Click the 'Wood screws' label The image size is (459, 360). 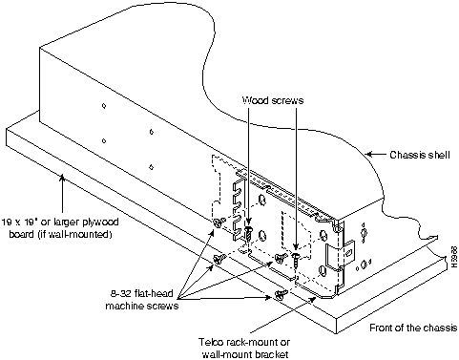tap(273, 100)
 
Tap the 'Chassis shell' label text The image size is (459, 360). tap(420, 155)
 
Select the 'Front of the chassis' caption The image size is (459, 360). tap(413, 328)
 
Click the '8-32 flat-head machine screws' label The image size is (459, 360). tap(142, 300)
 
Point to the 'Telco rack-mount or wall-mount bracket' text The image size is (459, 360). tap(244, 349)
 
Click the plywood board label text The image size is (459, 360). tap(60, 228)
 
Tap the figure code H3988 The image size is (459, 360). tap(454, 257)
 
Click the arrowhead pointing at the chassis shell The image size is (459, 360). tap(369, 155)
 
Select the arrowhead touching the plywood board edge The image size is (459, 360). tap(63, 177)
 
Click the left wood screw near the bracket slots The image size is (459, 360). tap(250, 233)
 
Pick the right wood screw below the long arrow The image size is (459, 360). tap(296, 259)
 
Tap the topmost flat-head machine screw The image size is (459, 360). tap(219, 222)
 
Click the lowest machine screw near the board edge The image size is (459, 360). tap(281, 294)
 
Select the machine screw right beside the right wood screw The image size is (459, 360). tap(281, 258)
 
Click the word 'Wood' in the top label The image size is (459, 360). tap(253, 100)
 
